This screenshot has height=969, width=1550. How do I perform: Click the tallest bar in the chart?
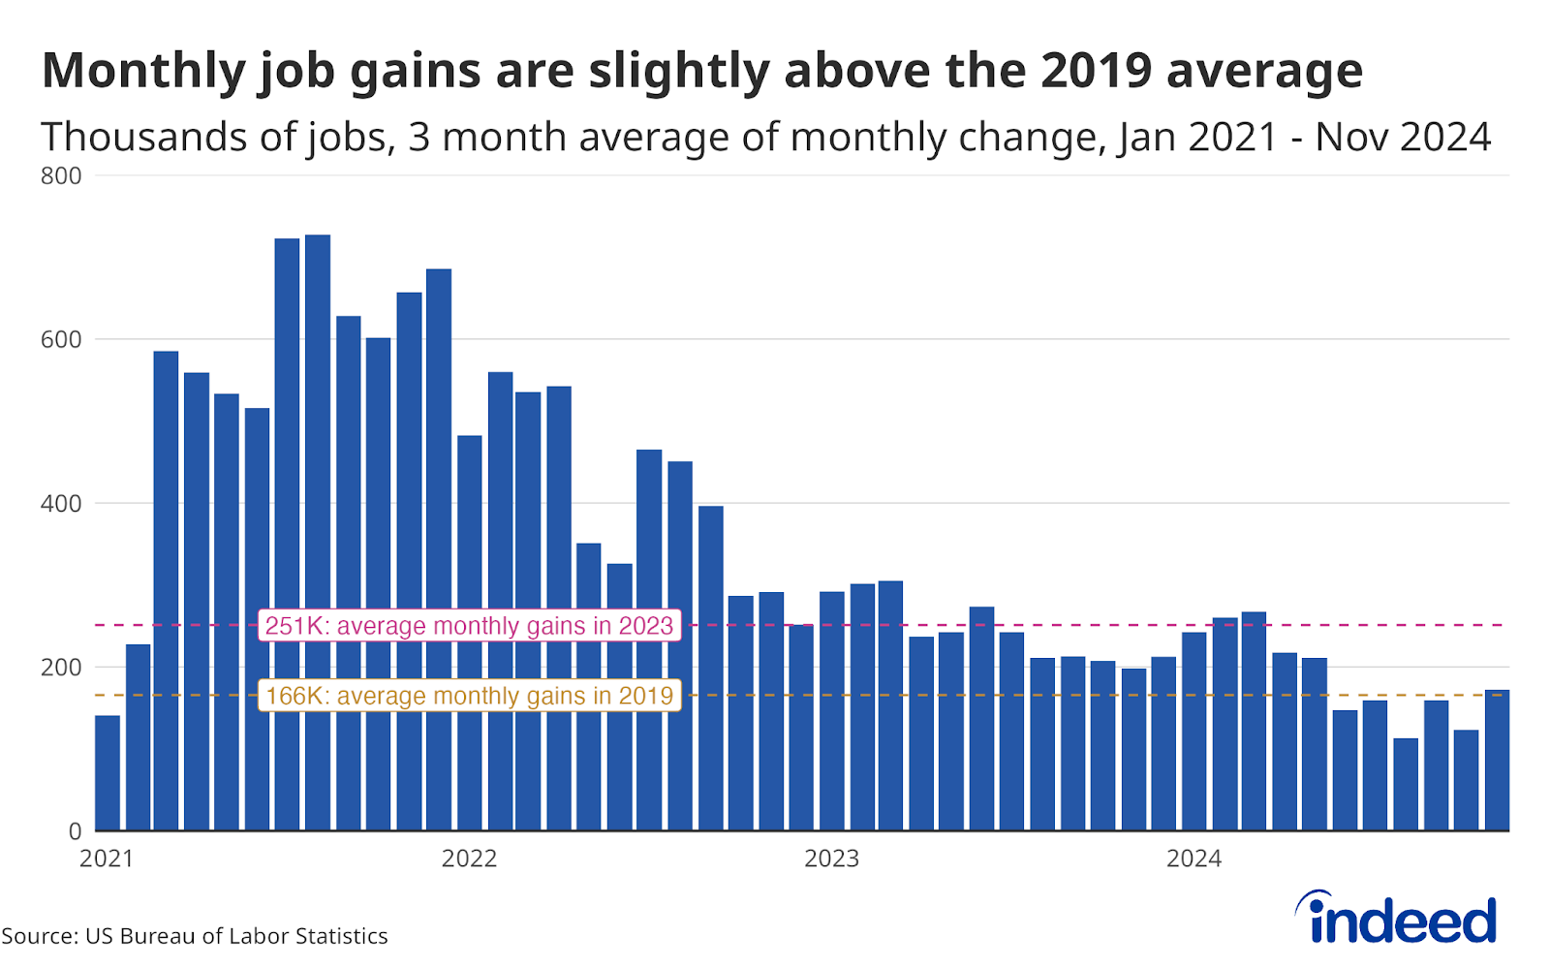click(318, 533)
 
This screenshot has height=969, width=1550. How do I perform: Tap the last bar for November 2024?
click(1497, 761)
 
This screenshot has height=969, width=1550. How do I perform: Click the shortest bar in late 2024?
click(1406, 785)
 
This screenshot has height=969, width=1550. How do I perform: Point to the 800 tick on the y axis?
click(61, 176)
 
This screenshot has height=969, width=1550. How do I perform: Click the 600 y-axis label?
click(61, 340)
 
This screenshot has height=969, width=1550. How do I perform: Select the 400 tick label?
click(61, 504)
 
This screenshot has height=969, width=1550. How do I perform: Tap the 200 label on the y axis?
click(61, 668)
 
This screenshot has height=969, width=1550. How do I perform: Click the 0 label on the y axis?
click(75, 831)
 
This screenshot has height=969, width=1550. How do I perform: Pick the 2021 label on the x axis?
click(107, 859)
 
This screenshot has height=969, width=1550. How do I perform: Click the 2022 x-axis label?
click(469, 859)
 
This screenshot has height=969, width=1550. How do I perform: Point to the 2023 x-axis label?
click(831, 859)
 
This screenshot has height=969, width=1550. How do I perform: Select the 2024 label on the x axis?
click(1193, 859)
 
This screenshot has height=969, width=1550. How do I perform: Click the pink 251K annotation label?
click(469, 626)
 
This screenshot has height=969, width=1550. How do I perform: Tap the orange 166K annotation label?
click(469, 696)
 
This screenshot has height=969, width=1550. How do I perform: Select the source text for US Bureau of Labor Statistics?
click(195, 936)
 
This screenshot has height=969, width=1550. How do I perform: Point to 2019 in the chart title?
click(1097, 70)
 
